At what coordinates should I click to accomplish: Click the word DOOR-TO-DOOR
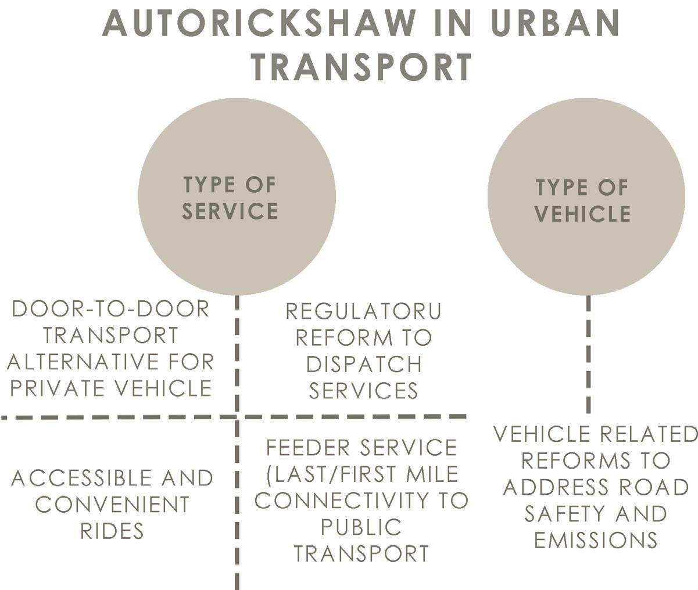coord(110,309)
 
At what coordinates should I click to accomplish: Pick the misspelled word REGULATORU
coord(363,312)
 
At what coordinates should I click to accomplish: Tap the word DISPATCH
coord(364,365)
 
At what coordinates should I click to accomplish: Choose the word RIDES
coord(112,531)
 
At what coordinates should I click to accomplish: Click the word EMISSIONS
coord(596,540)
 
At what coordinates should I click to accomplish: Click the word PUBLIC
coord(361,527)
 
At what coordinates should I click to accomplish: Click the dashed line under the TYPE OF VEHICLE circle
coord(588,354)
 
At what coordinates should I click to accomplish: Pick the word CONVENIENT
coord(112,505)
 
